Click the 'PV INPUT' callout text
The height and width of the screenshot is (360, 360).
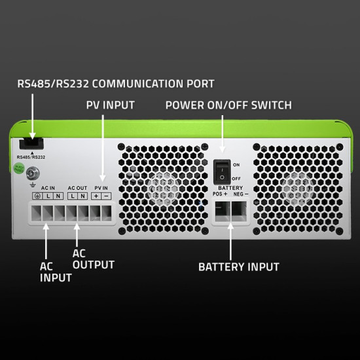[x=110, y=105]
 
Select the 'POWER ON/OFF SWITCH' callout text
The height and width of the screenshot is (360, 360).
[x=228, y=105]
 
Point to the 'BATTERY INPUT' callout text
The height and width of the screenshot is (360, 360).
[x=239, y=267]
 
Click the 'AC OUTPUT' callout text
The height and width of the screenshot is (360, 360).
[x=93, y=259]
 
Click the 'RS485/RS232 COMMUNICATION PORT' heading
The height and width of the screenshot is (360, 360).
[x=115, y=84]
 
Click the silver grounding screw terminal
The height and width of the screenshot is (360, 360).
[x=30, y=176]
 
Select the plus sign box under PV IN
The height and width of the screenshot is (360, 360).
[x=96, y=196]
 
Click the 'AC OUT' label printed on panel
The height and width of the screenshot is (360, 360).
[x=77, y=188]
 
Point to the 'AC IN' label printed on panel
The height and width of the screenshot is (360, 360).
[x=48, y=188]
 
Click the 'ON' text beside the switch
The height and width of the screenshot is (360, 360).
[x=236, y=165]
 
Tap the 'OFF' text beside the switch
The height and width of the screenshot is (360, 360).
[x=237, y=178]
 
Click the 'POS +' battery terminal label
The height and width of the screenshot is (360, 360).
[x=221, y=194]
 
